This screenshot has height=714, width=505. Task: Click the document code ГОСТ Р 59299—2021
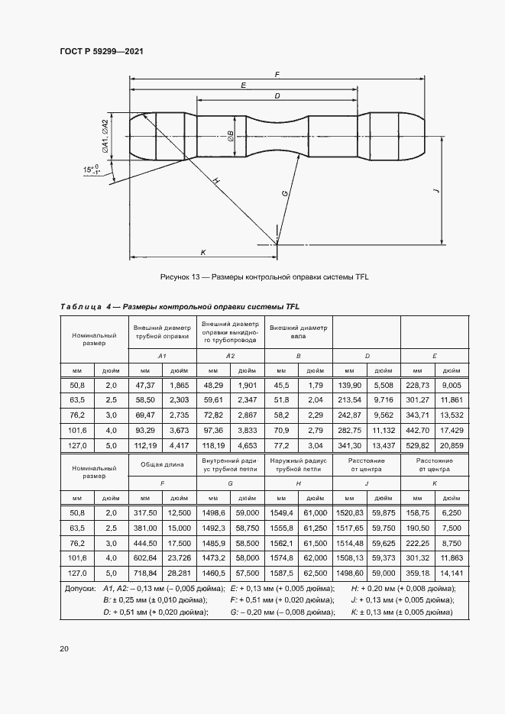click(102, 51)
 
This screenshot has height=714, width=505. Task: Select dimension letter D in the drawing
click(276, 95)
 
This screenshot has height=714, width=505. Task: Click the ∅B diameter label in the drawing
click(230, 135)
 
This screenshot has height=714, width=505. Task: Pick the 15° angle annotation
click(92, 170)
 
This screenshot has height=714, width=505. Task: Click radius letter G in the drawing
click(285, 194)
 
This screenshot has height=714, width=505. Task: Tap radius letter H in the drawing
click(216, 180)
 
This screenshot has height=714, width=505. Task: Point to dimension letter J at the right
click(435, 192)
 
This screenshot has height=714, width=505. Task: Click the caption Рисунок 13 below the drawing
click(264, 276)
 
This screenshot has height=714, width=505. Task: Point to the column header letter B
click(297, 357)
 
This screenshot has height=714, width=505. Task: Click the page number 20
click(64, 648)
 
